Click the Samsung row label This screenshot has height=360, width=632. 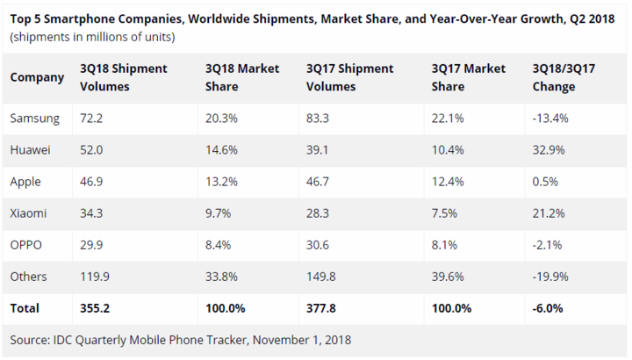[x=34, y=119]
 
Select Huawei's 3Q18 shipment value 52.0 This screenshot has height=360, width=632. [x=91, y=150]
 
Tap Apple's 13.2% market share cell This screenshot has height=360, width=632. [x=221, y=182]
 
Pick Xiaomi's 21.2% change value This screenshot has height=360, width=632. [x=548, y=213]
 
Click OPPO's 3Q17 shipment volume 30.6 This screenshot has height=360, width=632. [x=317, y=245]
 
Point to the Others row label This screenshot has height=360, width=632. [x=28, y=277]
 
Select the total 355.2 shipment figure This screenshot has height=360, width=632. [x=95, y=308]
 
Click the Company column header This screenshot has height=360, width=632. [x=37, y=77]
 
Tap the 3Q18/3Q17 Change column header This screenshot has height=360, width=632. [x=564, y=77]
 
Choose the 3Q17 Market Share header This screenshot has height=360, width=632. [x=469, y=77]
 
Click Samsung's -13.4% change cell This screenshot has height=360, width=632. [x=550, y=119]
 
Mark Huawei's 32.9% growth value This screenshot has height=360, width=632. [x=548, y=150]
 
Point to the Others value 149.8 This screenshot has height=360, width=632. [x=321, y=277]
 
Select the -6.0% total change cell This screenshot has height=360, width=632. [x=548, y=308]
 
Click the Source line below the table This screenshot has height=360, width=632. [x=181, y=341]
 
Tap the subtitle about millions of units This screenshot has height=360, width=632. [x=92, y=37]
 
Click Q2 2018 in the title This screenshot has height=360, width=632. [x=592, y=19]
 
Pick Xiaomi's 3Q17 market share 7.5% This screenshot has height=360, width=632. [x=444, y=213]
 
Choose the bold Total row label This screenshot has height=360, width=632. [x=25, y=308]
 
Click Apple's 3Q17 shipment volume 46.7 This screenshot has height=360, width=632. [x=317, y=182]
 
